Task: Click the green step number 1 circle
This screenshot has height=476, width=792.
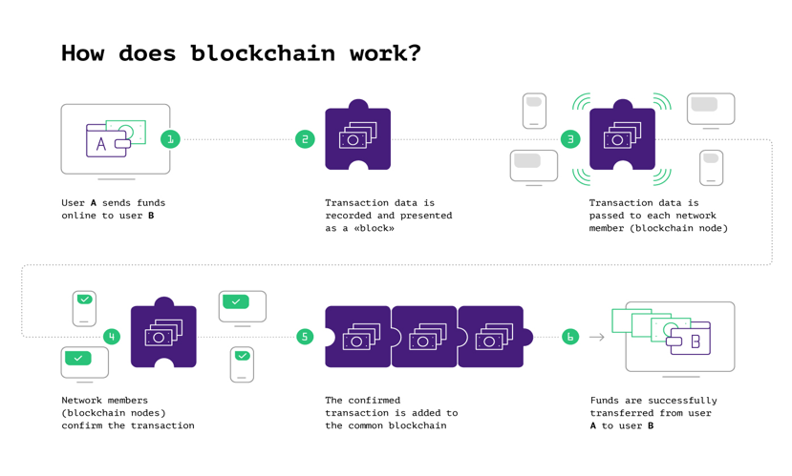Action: tap(170, 139)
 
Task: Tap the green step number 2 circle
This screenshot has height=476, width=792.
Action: tap(305, 139)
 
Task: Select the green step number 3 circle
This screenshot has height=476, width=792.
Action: tap(570, 139)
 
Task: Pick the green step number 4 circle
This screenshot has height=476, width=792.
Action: tap(112, 337)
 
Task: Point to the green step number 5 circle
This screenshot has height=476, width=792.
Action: tap(305, 337)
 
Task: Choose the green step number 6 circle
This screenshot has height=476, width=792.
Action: tap(570, 337)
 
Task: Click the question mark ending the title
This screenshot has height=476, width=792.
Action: tap(414, 53)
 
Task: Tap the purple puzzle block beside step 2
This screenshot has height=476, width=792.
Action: tap(357, 138)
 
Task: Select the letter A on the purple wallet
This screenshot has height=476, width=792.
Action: tap(101, 145)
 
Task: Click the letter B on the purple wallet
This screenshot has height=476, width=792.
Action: tap(696, 341)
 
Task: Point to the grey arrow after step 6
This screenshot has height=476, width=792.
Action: tap(597, 337)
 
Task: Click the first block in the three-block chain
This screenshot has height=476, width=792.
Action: tap(357, 337)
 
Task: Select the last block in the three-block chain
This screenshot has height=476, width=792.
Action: tap(491, 337)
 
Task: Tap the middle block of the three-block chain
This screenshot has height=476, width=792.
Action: tap(424, 337)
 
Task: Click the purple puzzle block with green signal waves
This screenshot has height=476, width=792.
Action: tap(622, 138)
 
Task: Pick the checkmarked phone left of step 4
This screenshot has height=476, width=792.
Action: tap(84, 308)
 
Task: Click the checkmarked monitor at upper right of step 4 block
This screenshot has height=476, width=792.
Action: tap(242, 306)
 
